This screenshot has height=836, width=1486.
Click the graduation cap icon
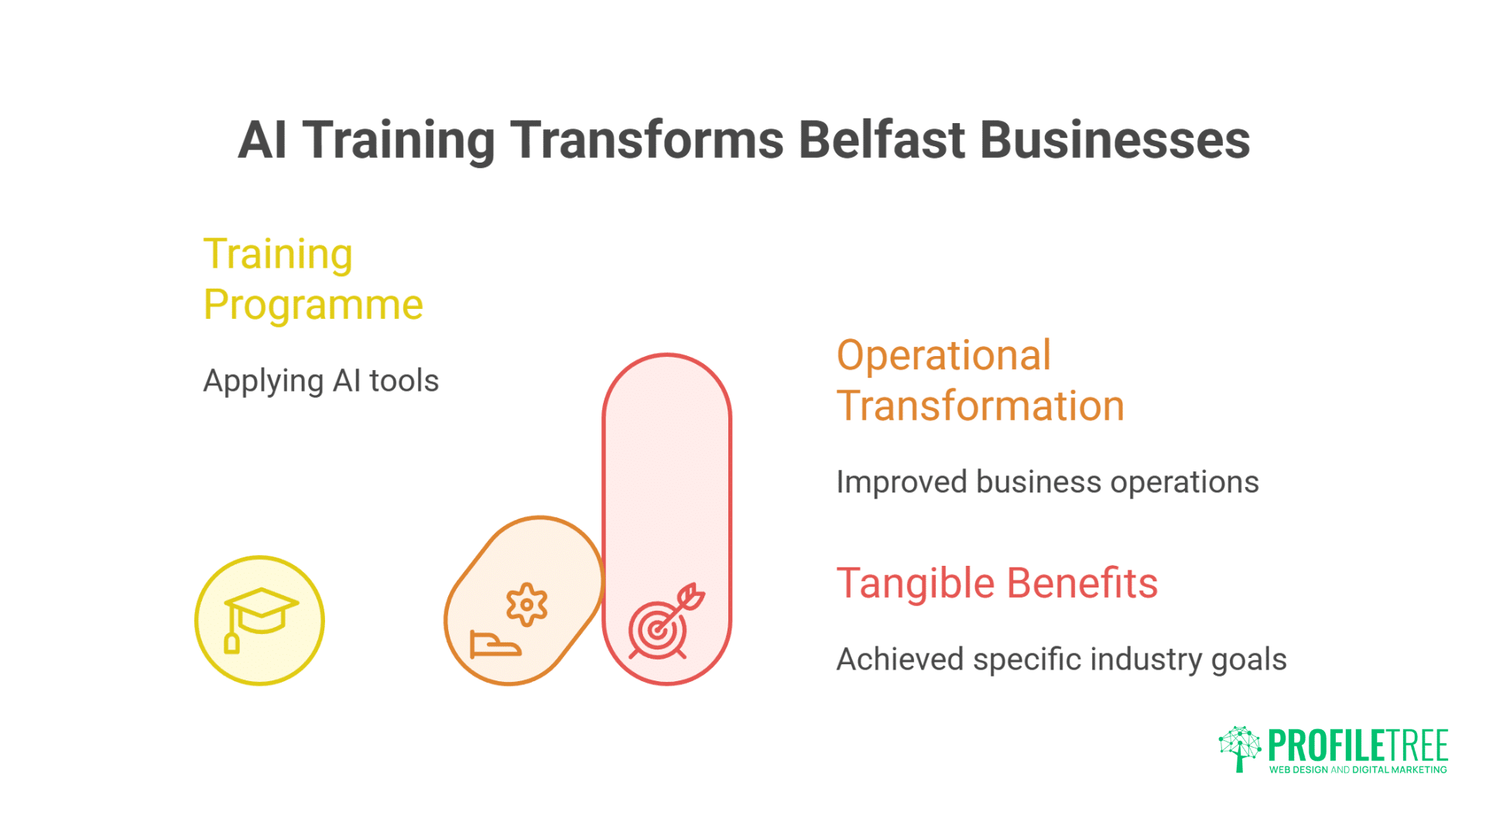[x=260, y=617]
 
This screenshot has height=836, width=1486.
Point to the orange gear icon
[x=527, y=604]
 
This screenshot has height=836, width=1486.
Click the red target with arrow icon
[x=663, y=622]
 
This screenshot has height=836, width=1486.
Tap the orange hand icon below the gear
[x=495, y=644]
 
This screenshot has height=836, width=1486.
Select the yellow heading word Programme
[x=313, y=305]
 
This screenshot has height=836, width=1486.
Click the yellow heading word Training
[x=278, y=254]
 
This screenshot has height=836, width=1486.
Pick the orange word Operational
[x=943, y=355]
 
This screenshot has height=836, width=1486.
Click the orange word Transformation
[x=980, y=406]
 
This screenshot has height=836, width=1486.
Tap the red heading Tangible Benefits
[x=997, y=583]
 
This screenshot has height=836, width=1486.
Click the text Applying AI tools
[x=320, y=381]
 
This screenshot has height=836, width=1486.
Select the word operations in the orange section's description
[x=1184, y=482]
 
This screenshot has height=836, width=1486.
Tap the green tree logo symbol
[x=1240, y=748]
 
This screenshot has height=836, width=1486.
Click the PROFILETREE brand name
[x=1358, y=746]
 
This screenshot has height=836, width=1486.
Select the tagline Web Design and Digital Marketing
[x=1358, y=769]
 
